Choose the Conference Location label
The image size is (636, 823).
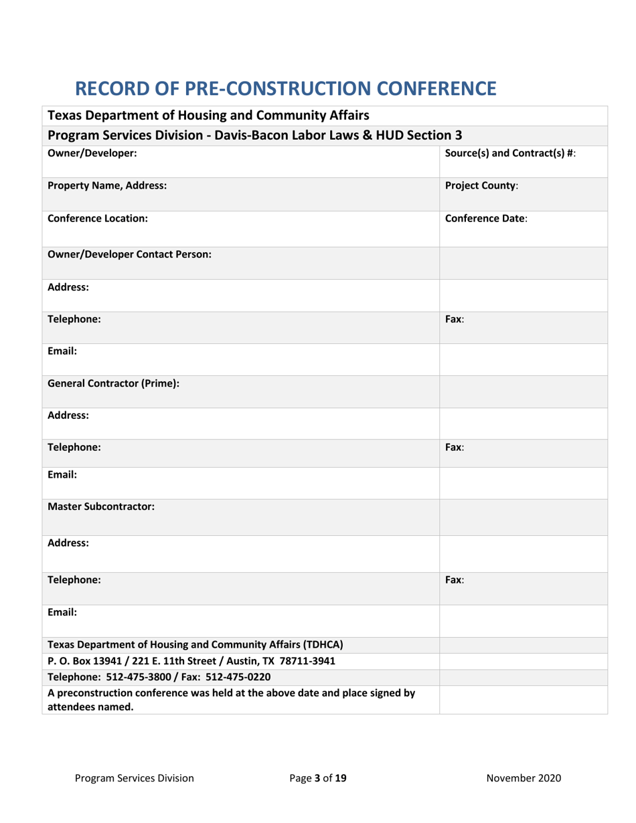coord(97,218)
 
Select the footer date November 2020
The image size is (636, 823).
coord(524,778)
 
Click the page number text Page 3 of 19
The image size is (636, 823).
coord(318,778)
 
